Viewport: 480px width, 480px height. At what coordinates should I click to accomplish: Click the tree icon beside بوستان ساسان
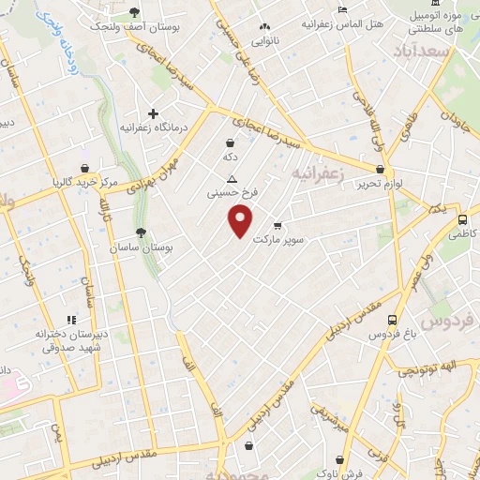pyautogui.click(x=141, y=232)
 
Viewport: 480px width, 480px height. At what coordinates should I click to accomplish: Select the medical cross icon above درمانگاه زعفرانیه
pyautogui.click(x=153, y=113)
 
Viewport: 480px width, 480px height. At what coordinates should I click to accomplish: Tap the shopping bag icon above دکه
pyautogui.click(x=230, y=142)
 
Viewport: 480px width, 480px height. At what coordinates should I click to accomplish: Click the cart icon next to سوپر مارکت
pyautogui.click(x=277, y=225)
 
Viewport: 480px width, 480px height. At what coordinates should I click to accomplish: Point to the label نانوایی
pyautogui.click(x=265, y=41)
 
